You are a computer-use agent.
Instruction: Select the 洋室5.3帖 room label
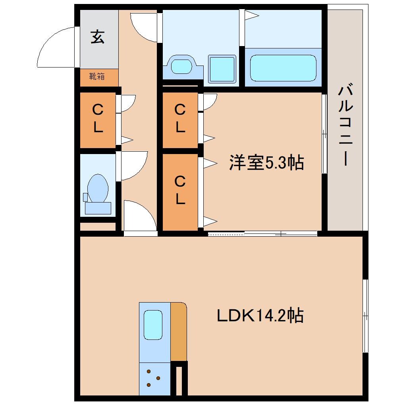click(266, 162)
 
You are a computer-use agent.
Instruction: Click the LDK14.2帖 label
click(260, 316)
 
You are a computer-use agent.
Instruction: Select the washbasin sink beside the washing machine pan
click(183, 66)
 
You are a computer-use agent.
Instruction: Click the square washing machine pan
click(222, 69)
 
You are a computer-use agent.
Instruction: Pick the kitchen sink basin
click(153, 325)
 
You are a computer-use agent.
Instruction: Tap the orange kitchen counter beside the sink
click(179, 332)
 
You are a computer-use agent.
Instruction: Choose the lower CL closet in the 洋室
click(180, 191)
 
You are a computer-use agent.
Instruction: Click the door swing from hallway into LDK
click(139, 216)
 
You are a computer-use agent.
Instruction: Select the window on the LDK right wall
click(365, 316)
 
